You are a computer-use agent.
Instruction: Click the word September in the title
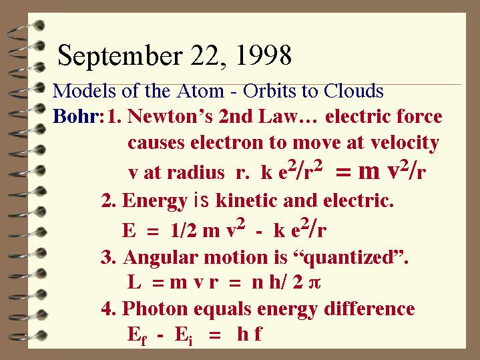[120, 56]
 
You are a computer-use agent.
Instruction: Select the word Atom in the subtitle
[200, 91]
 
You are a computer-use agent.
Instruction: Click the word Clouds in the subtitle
[353, 91]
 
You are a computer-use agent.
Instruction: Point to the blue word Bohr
[78, 116]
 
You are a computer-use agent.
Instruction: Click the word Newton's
[170, 116]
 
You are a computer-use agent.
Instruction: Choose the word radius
[196, 172]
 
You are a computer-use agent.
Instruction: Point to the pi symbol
[314, 283]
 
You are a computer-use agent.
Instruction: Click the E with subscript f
[137, 335]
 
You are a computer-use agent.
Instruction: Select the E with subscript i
[184, 335]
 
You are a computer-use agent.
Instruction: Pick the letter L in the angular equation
[134, 282]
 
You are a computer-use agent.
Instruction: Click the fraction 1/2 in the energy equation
[184, 230]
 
